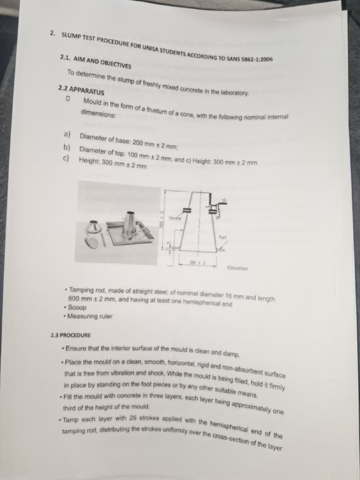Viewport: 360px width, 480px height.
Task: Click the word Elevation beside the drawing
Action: [x=237, y=268]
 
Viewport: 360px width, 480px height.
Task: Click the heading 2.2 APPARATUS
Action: [x=81, y=90]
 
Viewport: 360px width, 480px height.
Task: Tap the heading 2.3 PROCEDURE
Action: [x=70, y=336]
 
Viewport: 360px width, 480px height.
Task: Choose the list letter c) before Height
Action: [x=66, y=159]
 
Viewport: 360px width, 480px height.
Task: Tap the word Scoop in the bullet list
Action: [x=77, y=307]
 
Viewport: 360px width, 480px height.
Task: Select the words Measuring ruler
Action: [x=90, y=316]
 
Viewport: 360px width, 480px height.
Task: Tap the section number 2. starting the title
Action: [x=53, y=34]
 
